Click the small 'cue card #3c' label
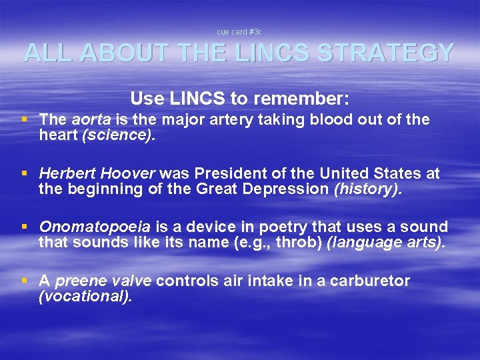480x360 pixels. pos(239,32)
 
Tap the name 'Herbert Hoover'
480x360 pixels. pos(96,173)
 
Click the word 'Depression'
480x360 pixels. pos(291,189)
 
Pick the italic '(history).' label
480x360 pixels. pos(369,189)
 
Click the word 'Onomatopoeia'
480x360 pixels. pos(95,227)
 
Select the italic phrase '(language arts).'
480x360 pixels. pos(387,243)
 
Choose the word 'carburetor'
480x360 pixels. pos(369,281)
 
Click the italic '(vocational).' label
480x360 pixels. pos(86,297)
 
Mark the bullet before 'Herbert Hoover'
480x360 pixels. pos(25,173)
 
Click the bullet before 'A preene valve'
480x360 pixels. pos(25,281)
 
